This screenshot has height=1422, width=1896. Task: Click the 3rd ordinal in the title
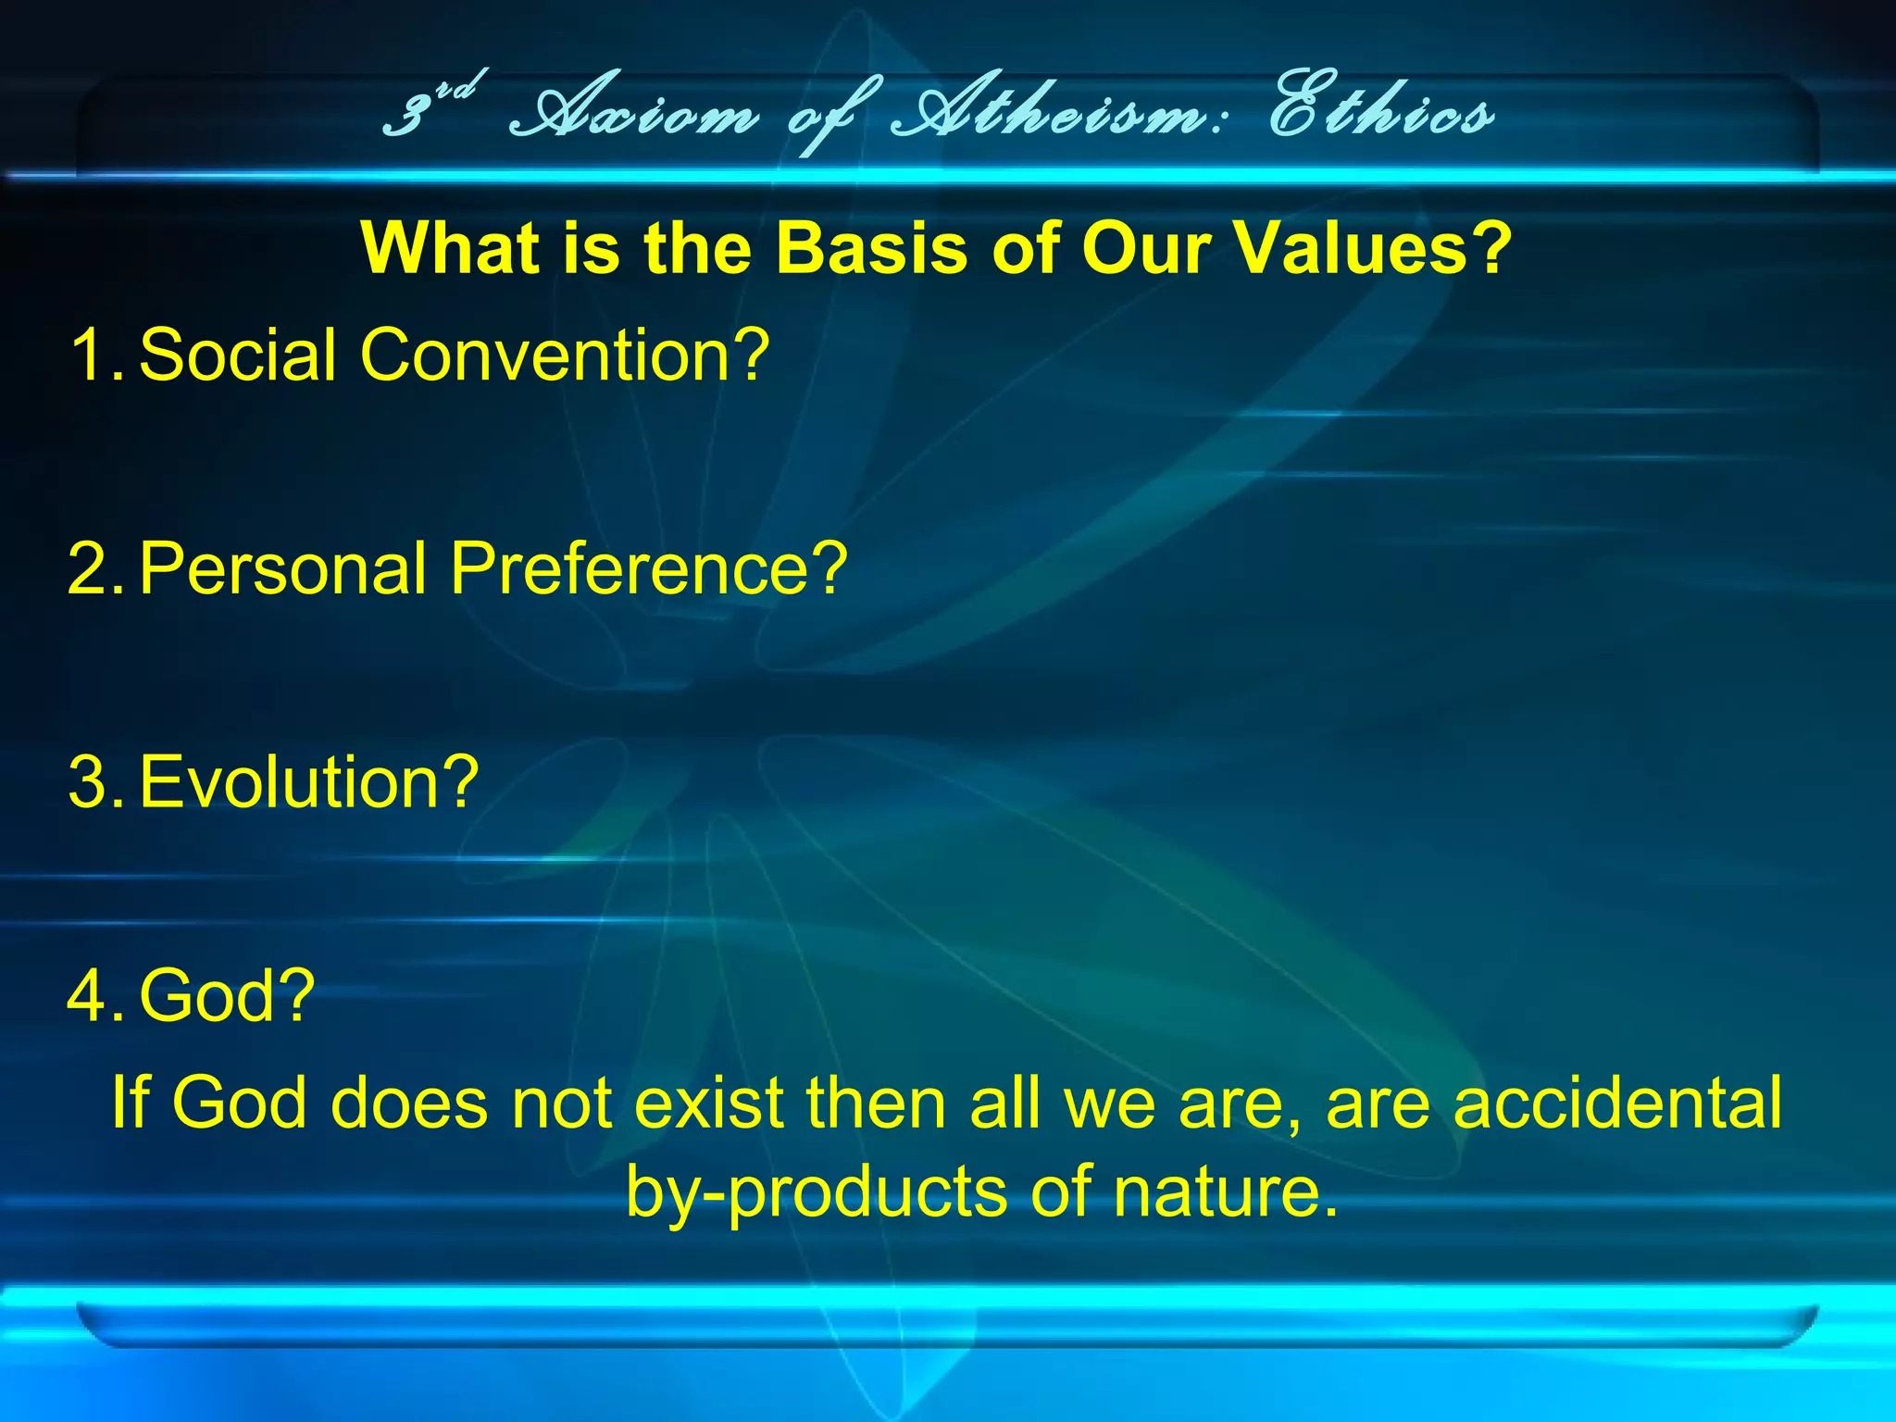430,106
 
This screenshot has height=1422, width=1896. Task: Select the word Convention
565,355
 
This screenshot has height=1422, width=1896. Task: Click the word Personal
282,568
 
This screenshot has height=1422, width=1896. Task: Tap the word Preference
648,568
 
